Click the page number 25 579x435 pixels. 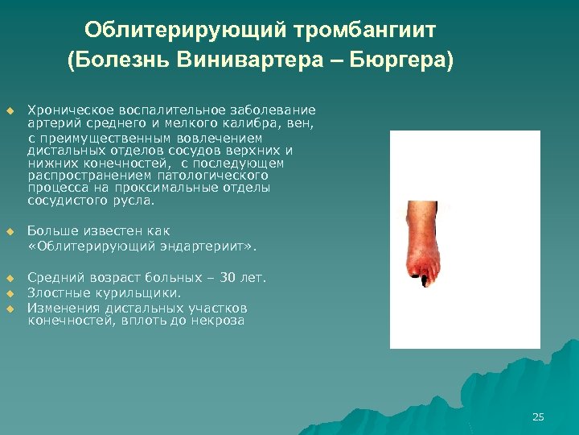pyautogui.click(x=538, y=416)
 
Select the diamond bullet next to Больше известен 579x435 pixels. pyautogui.click(x=10, y=232)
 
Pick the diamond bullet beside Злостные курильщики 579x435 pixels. pyautogui.click(x=10, y=293)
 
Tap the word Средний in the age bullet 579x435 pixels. pyautogui.click(x=52, y=278)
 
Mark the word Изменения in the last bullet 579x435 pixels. pyautogui.click(x=60, y=308)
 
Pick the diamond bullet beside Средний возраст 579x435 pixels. pyautogui.click(x=10, y=279)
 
